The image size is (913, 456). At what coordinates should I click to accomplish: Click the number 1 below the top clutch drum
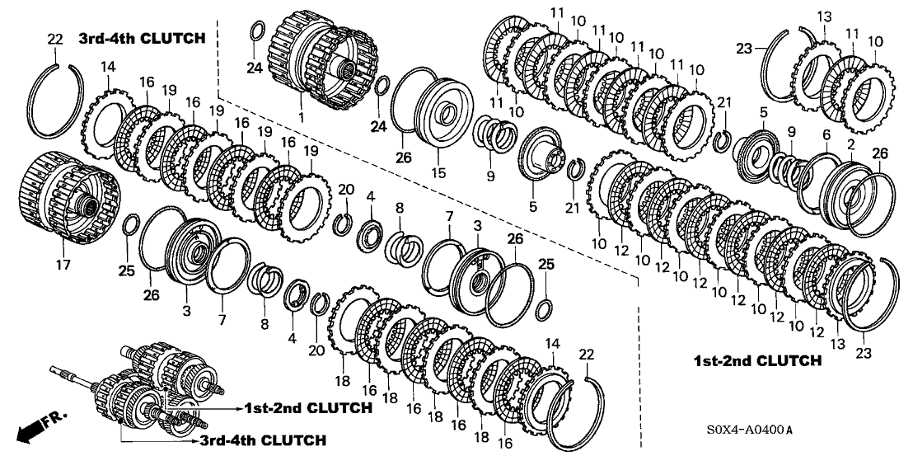(x=302, y=116)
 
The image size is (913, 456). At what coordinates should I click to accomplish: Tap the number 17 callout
(x=63, y=265)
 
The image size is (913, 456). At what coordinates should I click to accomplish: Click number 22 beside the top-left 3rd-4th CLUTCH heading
(x=54, y=38)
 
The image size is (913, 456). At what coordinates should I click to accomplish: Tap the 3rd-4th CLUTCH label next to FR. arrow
(x=262, y=440)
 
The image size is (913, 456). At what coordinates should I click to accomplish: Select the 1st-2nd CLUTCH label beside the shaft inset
(x=307, y=407)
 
